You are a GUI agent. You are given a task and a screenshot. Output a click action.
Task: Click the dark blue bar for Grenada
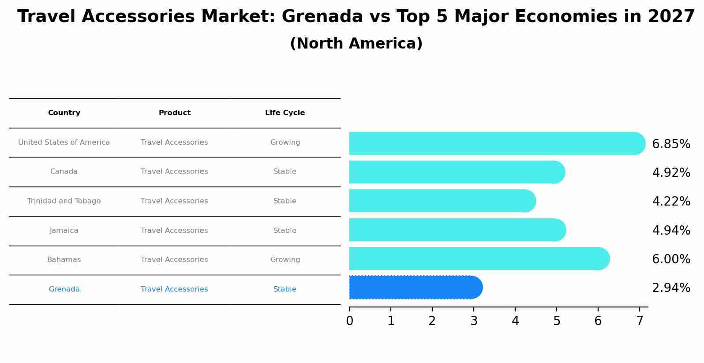tap(415, 287)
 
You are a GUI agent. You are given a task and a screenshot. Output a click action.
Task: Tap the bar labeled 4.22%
tap(441, 201)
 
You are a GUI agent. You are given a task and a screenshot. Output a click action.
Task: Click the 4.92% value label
tap(671, 172)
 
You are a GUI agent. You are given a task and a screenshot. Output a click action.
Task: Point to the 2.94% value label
tap(671, 288)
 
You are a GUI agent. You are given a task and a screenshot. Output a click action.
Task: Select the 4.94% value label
tap(671, 230)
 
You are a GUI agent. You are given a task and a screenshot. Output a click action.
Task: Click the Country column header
tap(64, 113)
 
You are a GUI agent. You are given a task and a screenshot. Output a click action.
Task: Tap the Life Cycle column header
tap(285, 113)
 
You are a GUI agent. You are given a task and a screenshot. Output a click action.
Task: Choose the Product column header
tap(175, 113)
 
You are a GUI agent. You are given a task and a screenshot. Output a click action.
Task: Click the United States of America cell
tap(64, 142)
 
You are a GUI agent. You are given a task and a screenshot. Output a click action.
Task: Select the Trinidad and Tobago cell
tap(64, 201)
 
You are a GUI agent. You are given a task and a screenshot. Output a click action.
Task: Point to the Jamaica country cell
tap(64, 231)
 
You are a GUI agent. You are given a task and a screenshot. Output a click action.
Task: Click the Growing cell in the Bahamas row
tap(285, 260)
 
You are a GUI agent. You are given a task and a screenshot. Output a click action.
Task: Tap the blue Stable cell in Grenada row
tap(285, 289)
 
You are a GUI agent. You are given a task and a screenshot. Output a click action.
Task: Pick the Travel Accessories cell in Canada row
tap(174, 172)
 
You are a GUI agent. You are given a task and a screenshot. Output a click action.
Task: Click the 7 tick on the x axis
tap(640, 321)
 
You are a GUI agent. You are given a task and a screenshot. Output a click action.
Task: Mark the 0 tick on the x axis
tap(349, 321)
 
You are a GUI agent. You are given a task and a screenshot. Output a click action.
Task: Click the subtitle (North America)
tap(356, 44)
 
